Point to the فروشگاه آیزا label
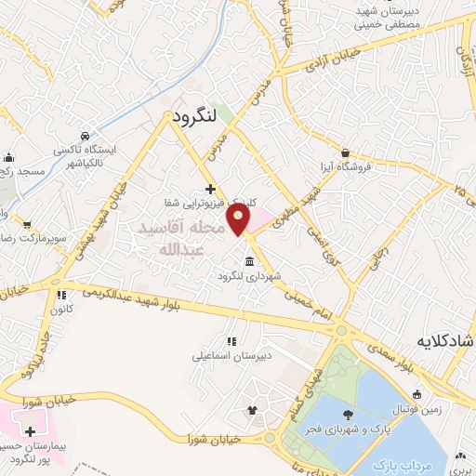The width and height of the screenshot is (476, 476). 346,167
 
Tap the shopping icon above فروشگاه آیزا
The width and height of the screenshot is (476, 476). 346,152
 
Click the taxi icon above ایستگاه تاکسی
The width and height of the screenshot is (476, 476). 85,135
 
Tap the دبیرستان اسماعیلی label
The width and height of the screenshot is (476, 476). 230,355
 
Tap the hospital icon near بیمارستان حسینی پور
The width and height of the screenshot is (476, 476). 31,432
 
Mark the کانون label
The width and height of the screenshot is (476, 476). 61,310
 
